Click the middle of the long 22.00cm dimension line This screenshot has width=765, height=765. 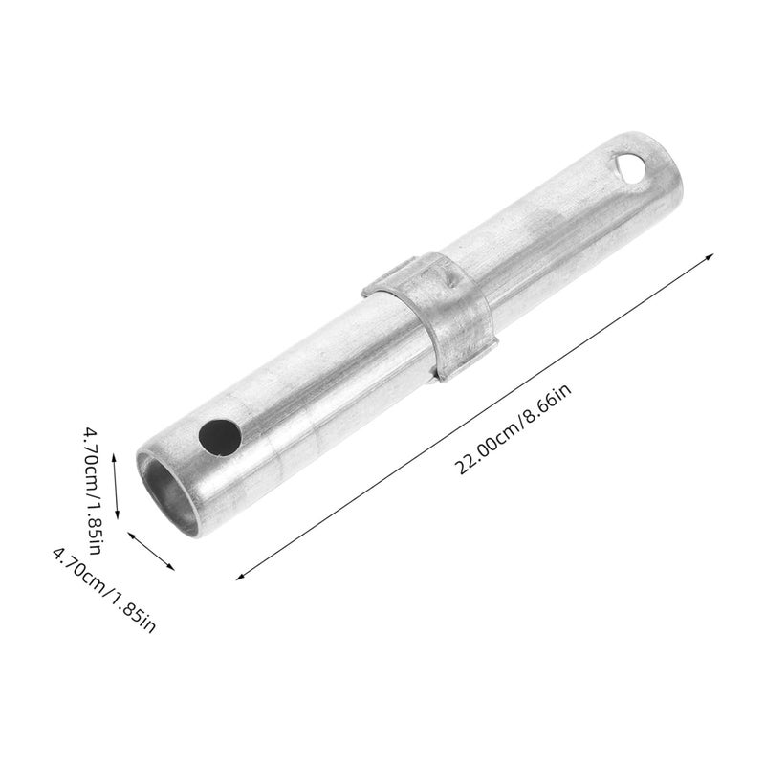tap(475, 414)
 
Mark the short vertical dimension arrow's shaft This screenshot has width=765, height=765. tap(115, 487)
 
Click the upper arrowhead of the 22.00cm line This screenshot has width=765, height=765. tap(711, 254)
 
